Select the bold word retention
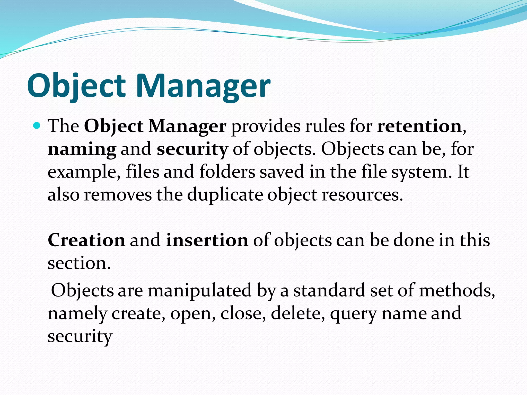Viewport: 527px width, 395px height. coord(419,126)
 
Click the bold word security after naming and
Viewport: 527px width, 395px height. coord(192,149)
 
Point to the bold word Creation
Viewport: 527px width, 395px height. coord(86,240)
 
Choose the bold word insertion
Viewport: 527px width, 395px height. coord(207,240)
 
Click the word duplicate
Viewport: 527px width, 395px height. coord(225,195)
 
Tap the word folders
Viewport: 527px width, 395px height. coord(227,172)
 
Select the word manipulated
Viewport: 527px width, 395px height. coord(199,290)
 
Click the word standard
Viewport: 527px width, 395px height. coord(329,290)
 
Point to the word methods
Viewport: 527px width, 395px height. coord(457,290)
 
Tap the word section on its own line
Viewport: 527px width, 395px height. coord(79,263)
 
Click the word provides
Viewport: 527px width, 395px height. coord(266,126)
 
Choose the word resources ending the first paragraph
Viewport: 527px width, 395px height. coord(362,195)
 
